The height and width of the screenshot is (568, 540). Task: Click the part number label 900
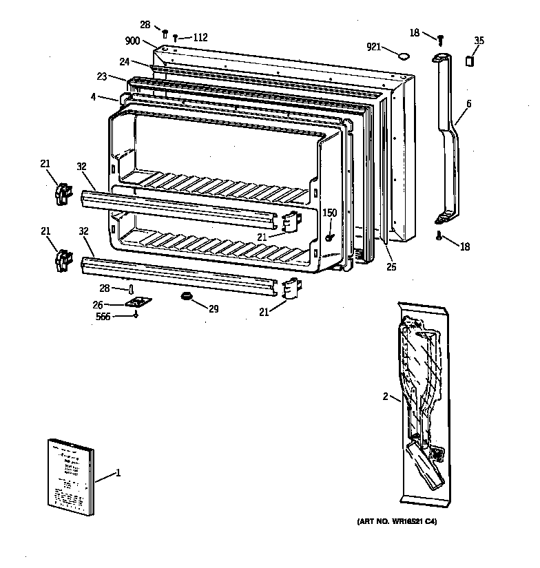(x=132, y=41)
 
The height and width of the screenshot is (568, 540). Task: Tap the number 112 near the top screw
(x=200, y=37)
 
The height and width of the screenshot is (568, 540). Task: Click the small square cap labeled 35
(x=470, y=61)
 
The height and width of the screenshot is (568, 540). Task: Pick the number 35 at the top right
(x=479, y=41)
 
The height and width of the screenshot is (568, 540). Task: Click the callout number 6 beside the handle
(x=468, y=103)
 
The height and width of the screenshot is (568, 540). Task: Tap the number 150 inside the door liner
(x=330, y=213)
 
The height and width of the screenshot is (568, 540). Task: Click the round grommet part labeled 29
(x=186, y=296)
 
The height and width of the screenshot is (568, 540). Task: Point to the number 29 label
(x=214, y=309)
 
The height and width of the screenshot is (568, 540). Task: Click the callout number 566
(x=103, y=316)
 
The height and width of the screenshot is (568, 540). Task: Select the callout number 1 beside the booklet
(x=118, y=473)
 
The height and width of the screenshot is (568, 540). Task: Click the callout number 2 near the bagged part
(x=386, y=396)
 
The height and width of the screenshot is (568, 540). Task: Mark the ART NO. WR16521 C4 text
(x=396, y=522)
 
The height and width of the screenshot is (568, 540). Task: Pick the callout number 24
(x=124, y=61)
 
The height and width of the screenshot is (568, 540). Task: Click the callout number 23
(x=101, y=77)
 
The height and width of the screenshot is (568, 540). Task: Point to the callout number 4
(x=93, y=97)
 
